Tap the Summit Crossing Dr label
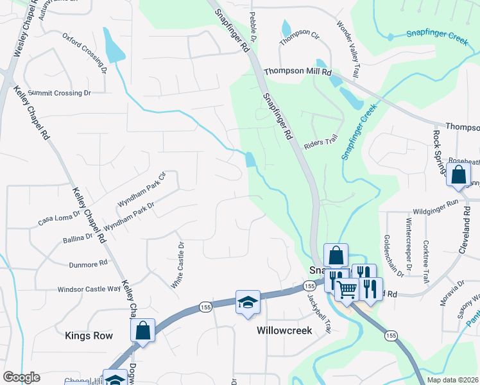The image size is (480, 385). (x=58, y=93)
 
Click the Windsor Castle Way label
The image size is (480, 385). (x=89, y=289)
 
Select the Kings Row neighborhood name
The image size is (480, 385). (x=89, y=336)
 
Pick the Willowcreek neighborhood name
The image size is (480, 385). (x=284, y=330)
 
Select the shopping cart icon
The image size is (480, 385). (x=347, y=289)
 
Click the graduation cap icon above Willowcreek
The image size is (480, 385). (x=248, y=302)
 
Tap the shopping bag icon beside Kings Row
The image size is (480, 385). (x=142, y=331)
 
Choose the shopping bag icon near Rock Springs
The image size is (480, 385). (x=459, y=176)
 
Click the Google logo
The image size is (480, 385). (x=21, y=377)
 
